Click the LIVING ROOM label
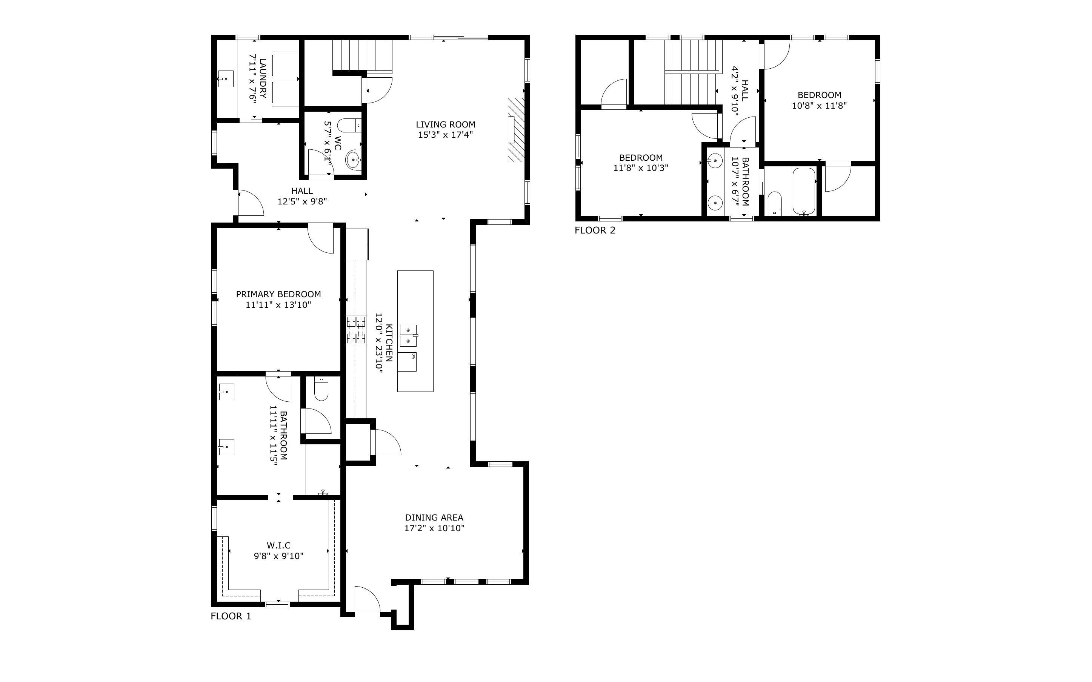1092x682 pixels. (x=445, y=124)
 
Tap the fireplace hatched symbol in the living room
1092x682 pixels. (x=517, y=130)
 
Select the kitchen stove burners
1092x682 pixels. (x=356, y=330)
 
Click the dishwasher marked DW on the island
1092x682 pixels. (x=407, y=362)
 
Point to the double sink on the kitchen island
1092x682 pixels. (x=408, y=336)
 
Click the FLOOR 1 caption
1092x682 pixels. (x=231, y=616)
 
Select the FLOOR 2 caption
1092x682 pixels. (x=595, y=230)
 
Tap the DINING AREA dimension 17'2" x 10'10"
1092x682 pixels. (x=434, y=528)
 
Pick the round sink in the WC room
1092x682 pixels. (x=353, y=159)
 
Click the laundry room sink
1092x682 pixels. (x=226, y=78)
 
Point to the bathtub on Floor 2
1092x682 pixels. (x=804, y=192)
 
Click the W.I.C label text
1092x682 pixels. (x=278, y=546)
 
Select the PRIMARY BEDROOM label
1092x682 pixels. (x=278, y=295)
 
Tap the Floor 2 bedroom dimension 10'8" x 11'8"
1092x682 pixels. (x=820, y=106)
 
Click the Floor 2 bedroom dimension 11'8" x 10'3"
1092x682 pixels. (x=641, y=168)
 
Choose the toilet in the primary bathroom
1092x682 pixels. (x=321, y=389)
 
